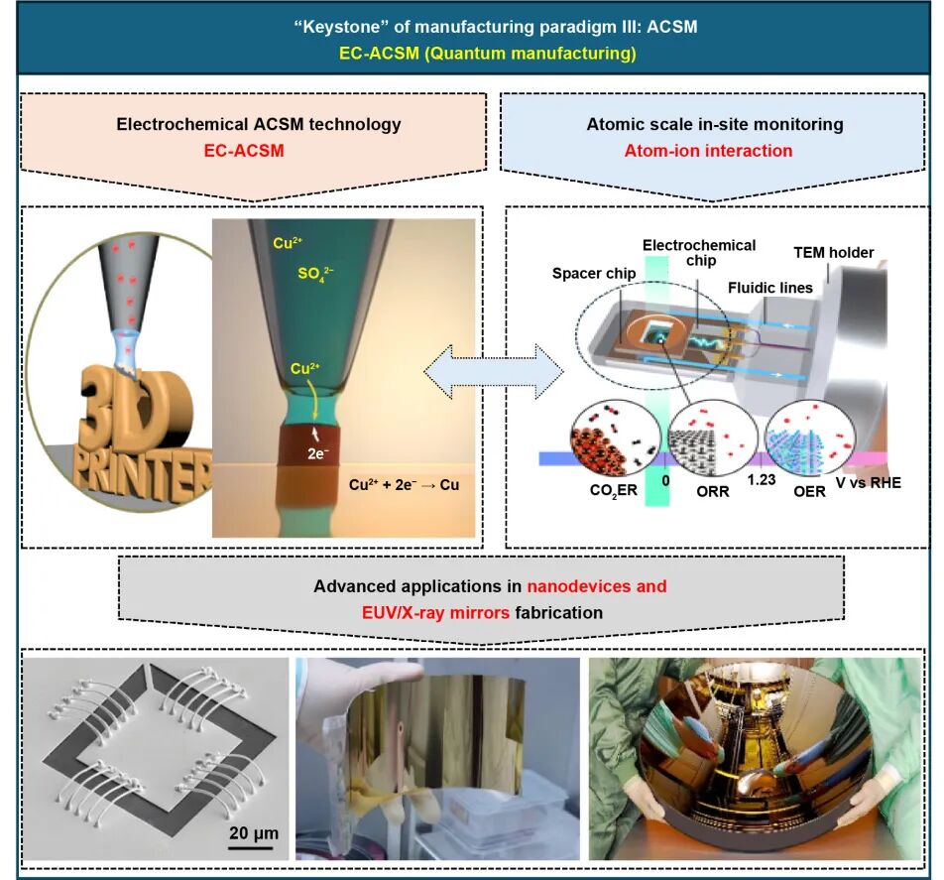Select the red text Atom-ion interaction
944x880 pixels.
click(708, 152)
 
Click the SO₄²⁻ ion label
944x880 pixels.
click(315, 274)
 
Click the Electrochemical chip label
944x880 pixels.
click(699, 253)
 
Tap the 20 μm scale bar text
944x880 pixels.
click(252, 826)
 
